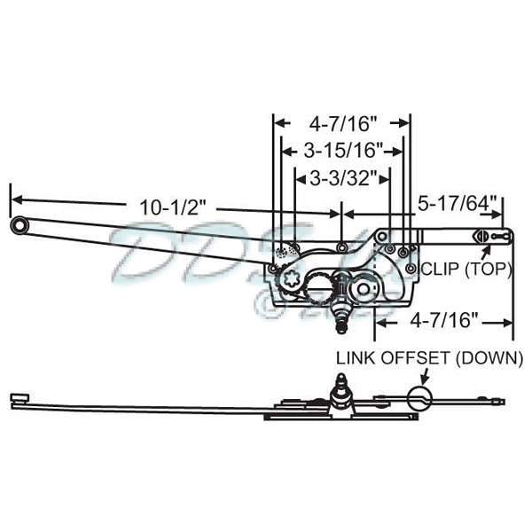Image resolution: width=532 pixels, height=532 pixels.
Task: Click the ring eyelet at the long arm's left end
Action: (x=19, y=227)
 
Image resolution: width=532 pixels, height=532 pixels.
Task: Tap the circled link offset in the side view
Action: (x=420, y=395)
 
